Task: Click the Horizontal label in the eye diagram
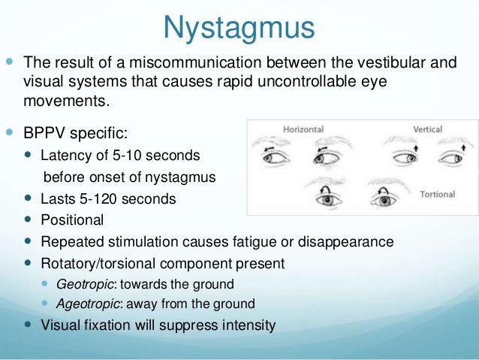[x=303, y=129]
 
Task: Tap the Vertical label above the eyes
[x=427, y=129]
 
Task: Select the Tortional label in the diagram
[x=436, y=194]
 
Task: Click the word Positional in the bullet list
[x=72, y=221]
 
